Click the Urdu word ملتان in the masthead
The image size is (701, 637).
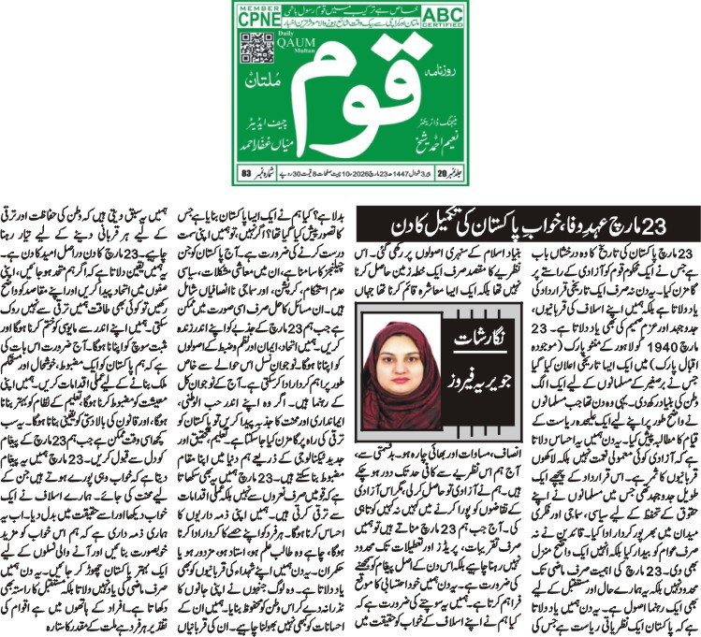click(264, 109)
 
